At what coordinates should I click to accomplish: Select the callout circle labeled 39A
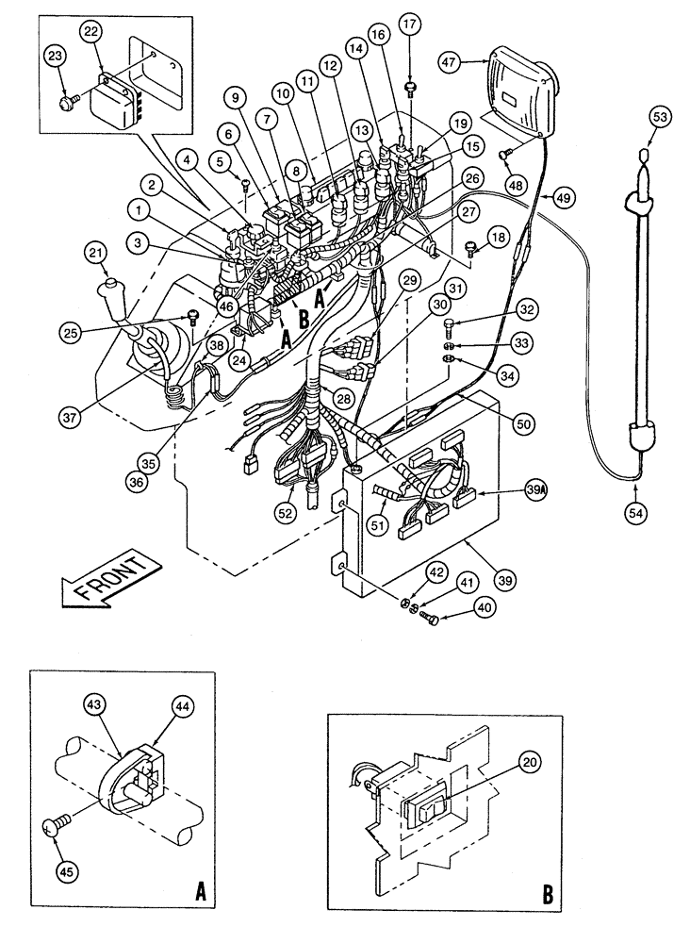click(x=536, y=491)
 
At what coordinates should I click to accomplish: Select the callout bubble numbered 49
click(x=563, y=198)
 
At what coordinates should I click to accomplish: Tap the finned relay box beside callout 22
click(x=117, y=91)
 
